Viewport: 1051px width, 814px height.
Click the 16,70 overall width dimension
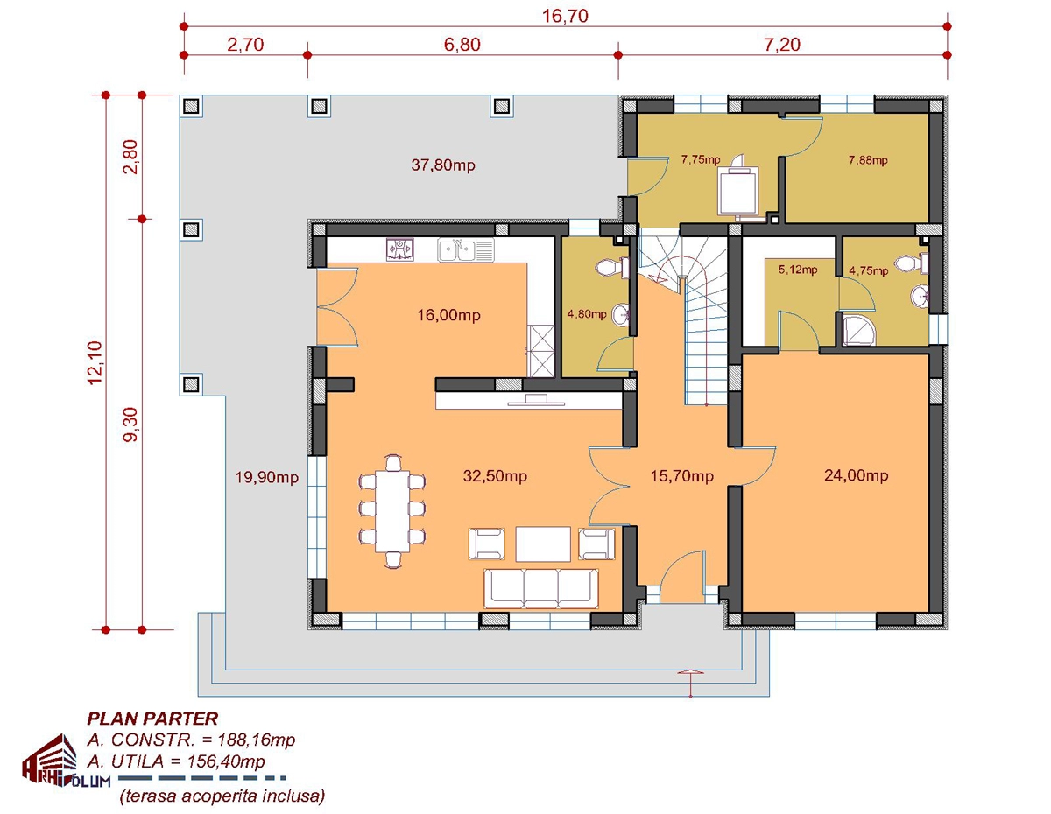coord(565,16)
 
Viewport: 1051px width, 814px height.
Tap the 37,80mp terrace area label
coord(443,165)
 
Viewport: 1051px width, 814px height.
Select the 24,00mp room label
coord(856,475)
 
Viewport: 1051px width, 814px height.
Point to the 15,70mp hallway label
coord(681,475)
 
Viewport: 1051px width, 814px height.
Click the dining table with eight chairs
coord(392,511)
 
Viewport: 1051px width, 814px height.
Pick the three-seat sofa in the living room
coord(541,588)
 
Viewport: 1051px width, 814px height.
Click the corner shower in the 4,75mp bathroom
coord(859,329)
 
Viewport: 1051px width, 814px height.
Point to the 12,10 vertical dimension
coord(95,362)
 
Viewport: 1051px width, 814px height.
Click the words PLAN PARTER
coord(152,719)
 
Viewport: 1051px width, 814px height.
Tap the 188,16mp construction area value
coord(257,740)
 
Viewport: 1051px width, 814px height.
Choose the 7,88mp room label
coord(868,160)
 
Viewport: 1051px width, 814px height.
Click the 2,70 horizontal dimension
coord(246,45)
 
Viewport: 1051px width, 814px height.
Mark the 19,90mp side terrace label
coord(266,478)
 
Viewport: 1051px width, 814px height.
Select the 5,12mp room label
coord(798,270)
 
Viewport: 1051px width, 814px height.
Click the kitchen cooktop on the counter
coord(400,250)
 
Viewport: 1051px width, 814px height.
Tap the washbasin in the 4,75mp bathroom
coord(920,296)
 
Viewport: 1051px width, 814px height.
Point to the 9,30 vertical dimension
coord(131,425)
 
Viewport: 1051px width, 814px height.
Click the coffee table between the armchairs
coord(543,544)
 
